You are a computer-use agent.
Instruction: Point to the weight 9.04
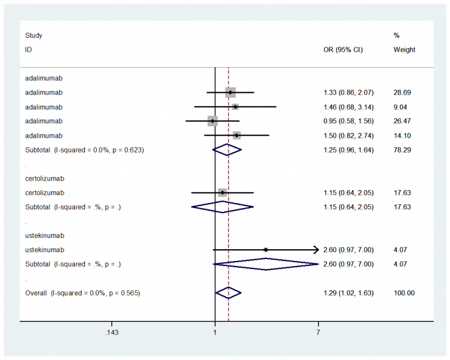click(402, 107)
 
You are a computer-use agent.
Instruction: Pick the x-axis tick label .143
click(111, 332)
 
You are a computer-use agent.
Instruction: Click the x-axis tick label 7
click(318, 332)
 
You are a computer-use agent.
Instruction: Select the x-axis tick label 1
click(215, 332)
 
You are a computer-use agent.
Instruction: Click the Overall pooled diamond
click(228, 293)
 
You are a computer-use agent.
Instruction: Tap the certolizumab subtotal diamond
click(222, 207)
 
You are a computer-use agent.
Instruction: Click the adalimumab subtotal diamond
click(227, 150)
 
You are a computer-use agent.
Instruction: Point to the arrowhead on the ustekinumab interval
click(316, 250)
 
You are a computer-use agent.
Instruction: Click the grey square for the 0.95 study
click(212, 121)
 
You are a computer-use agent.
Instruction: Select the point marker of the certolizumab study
click(222, 192)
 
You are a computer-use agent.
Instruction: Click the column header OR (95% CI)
click(343, 49)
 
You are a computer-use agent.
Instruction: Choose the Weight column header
click(404, 49)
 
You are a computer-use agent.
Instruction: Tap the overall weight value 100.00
click(404, 293)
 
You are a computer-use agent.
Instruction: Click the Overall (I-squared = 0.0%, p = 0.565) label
click(82, 293)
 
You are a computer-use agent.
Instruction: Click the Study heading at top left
click(34, 35)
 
